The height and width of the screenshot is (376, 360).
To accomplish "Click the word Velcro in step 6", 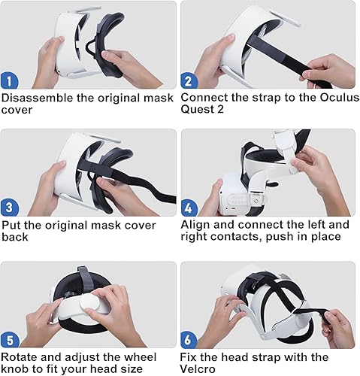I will [204, 368].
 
